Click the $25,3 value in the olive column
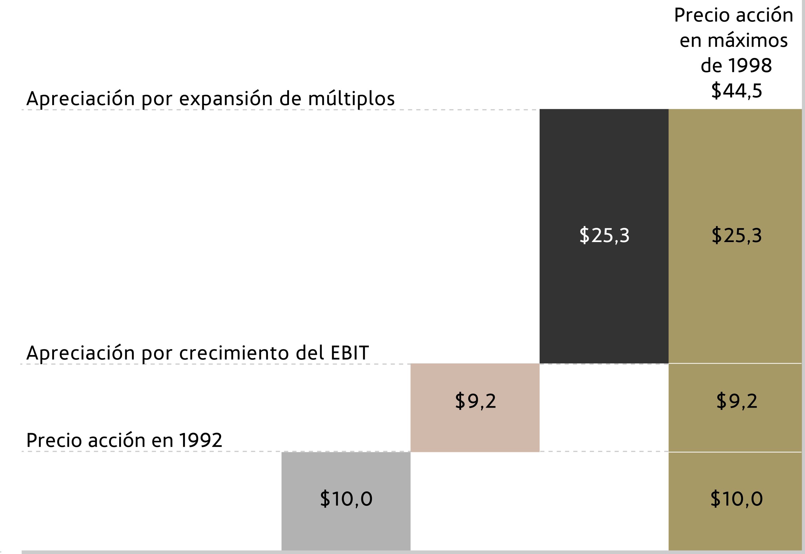(x=736, y=235)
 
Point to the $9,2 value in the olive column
(x=736, y=401)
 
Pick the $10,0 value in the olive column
(x=736, y=499)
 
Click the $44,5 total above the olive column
(x=736, y=91)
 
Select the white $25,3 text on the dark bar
(x=604, y=235)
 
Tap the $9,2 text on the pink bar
(x=475, y=401)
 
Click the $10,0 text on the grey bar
(x=346, y=499)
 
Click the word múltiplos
(x=351, y=99)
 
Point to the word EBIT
(x=349, y=353)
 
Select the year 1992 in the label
(x=200, y=440)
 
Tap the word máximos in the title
(x=747, y=41)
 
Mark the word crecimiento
(x=234, y=353)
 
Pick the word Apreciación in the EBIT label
(x=80, y=353)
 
